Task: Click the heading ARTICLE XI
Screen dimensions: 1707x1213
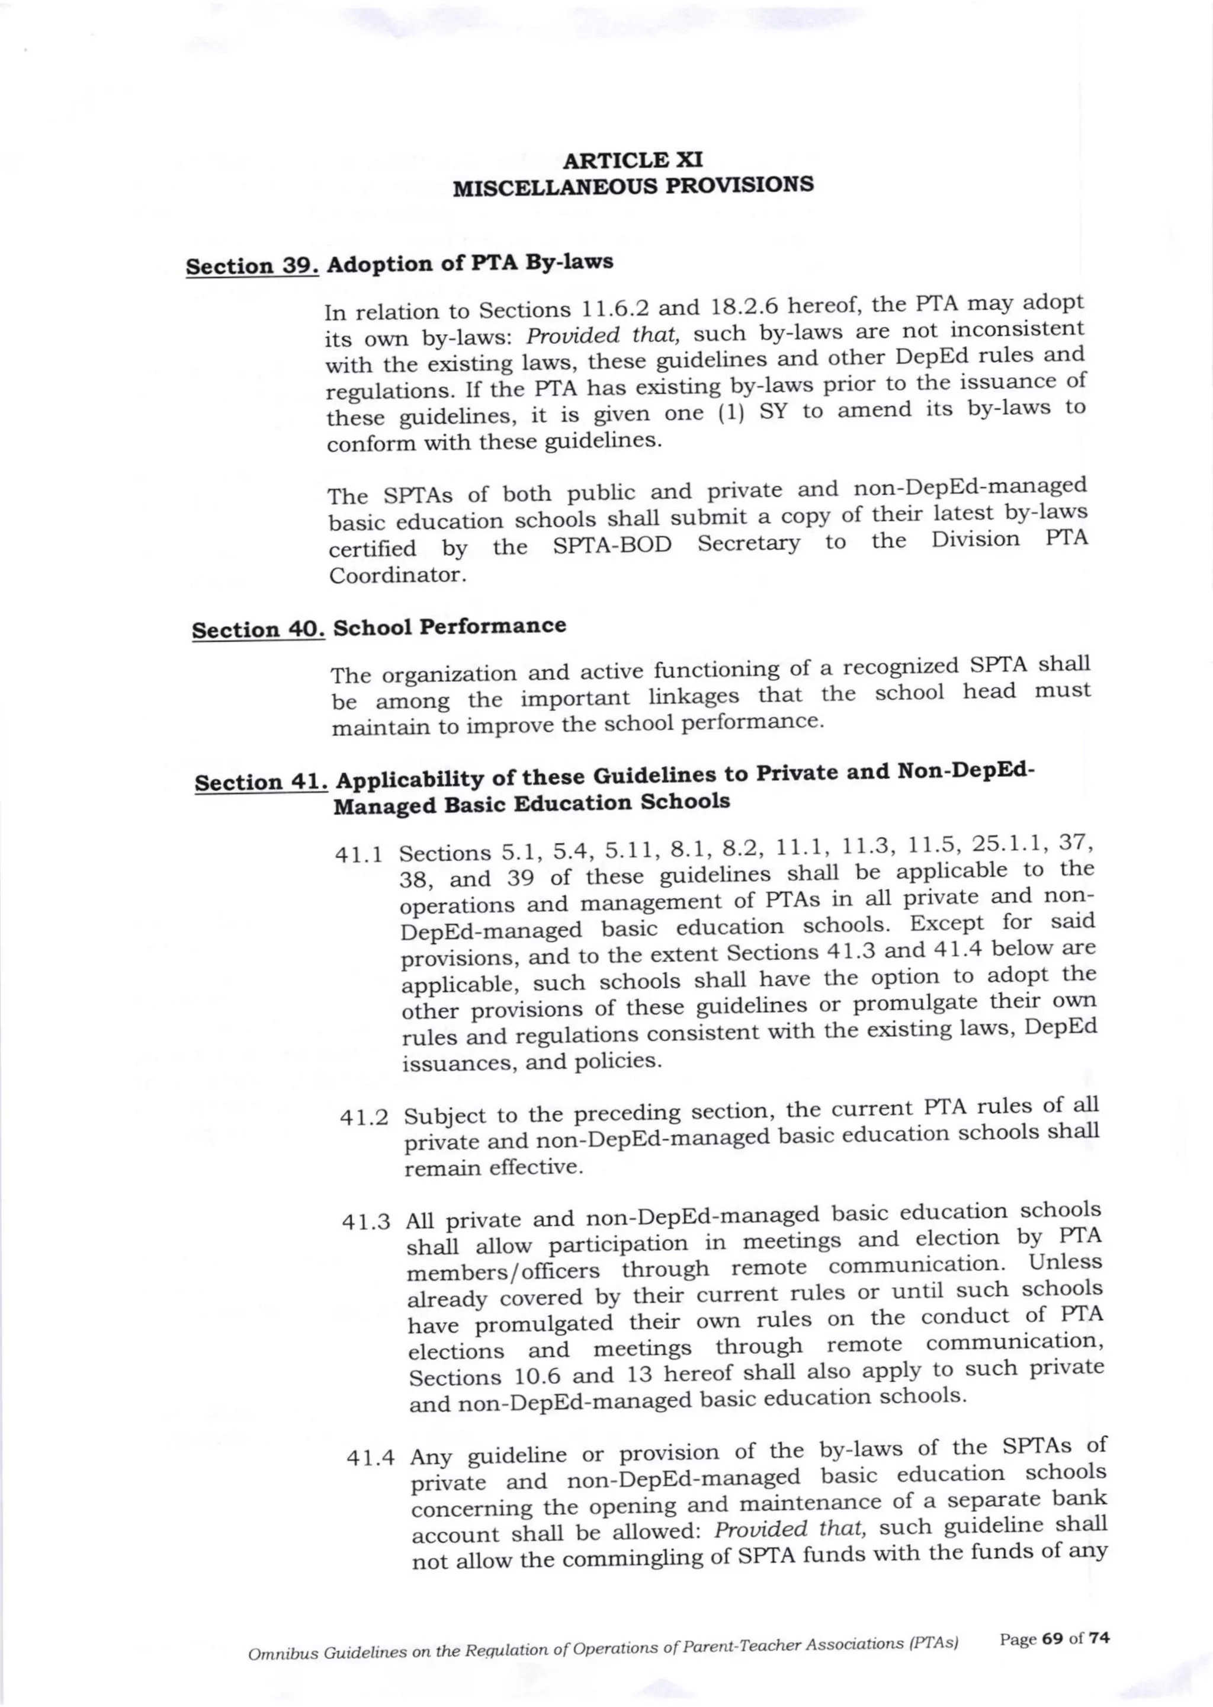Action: pyautogui.click(x=632, y=160)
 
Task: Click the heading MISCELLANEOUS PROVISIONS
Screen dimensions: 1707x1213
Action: pyautogui.click(x=633, y=185)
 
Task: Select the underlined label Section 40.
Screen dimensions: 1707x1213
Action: pyautogui.click(x=258, y=630)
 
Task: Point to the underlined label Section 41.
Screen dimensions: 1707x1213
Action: pyautogui.click(x=261, y=782)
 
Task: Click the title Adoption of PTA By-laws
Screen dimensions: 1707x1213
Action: pyautogui.click(x=470, y=263)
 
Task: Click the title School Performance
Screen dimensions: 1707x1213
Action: pyautogui.click(x=449, y=626)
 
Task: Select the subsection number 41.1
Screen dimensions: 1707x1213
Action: pyautogui.click(x=360, y=856)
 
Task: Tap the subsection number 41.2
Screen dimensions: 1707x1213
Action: pyautogui.click(x=364, y=1118)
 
